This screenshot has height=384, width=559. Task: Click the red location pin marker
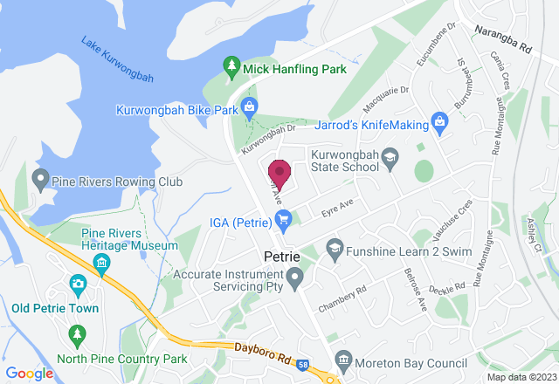pyautogui.click(x=279, y=173)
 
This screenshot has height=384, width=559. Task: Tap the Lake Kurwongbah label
pyautogui.click(x=117, y=59)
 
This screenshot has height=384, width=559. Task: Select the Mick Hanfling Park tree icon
pyautogui.click(x=231, y=66)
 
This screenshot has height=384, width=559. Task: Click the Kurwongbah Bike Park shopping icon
pyautogui.click(x=249, y=108)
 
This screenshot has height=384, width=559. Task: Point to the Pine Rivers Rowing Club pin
pyautogui.click(x=39, y=181)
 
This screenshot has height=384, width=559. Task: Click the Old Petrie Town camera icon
pyautogui.click(x=78, y=284)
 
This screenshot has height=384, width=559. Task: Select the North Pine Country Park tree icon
pyautogui.click(x=78, y=334)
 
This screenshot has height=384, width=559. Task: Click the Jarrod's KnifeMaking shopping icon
pyautogui.click(x=439, y=120)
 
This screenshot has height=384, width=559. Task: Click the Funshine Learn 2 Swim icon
pyautogui.click(x=333, y=250)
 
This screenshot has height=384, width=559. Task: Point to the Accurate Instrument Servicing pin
pyautogui.click(x=296, y=280)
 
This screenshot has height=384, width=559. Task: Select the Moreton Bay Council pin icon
pyautogui.click(x=343, y=360)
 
